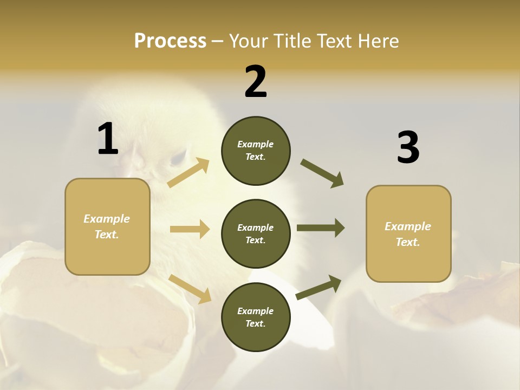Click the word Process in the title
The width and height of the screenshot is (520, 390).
pos(170,41)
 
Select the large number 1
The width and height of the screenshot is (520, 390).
pos(108,139)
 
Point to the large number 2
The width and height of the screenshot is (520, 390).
pos(256,82)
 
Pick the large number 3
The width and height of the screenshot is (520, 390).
pos(408,148)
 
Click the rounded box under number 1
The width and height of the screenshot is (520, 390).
pos(107,226)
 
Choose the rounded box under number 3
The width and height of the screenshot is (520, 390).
pos(408,234)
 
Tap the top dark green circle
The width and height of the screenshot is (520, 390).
pos(256,151)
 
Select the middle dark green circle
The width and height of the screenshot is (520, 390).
pos(256,234)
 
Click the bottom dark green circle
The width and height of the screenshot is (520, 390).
pos(256,317)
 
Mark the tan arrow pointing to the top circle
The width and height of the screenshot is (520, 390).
pos(188,173)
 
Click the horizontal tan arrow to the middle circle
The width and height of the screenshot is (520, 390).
pos(190,229)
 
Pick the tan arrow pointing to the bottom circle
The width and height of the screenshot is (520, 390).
pos(190,288)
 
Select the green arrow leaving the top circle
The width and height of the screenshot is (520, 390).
pos(322,173)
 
